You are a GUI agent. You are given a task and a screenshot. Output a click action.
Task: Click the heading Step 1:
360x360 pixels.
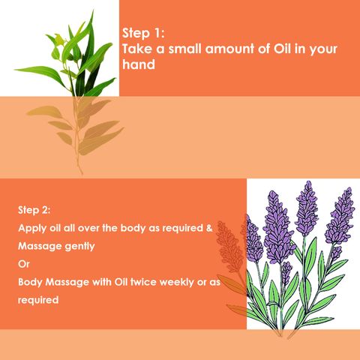pyautogui.click(x=143, y=33)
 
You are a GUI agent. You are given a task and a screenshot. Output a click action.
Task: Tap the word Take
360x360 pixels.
pyautogui.click(x=137, y=49)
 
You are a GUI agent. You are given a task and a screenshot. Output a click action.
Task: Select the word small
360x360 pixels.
pyautogui.click(x=184, y=49)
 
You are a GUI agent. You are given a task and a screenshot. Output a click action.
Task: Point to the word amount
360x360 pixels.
pyautogui.click(x=229, y=49)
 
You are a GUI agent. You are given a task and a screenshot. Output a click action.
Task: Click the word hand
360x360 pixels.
pyautogui.click(x=139, y=64)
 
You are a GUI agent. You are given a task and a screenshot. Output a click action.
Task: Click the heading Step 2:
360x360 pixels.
pyautogui.click(x=34, y=210)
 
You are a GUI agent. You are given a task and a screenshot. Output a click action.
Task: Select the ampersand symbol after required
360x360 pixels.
pyautogui.click(x=209, y=228)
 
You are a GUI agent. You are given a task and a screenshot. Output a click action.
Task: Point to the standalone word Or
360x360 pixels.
pyautogui.click(x=24, y=264)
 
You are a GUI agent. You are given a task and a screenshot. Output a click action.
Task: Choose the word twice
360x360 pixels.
pyautogui.click(x=144, y=282)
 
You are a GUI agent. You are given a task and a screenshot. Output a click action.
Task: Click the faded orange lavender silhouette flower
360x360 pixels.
pyautogui.click(x=230, y=247)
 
